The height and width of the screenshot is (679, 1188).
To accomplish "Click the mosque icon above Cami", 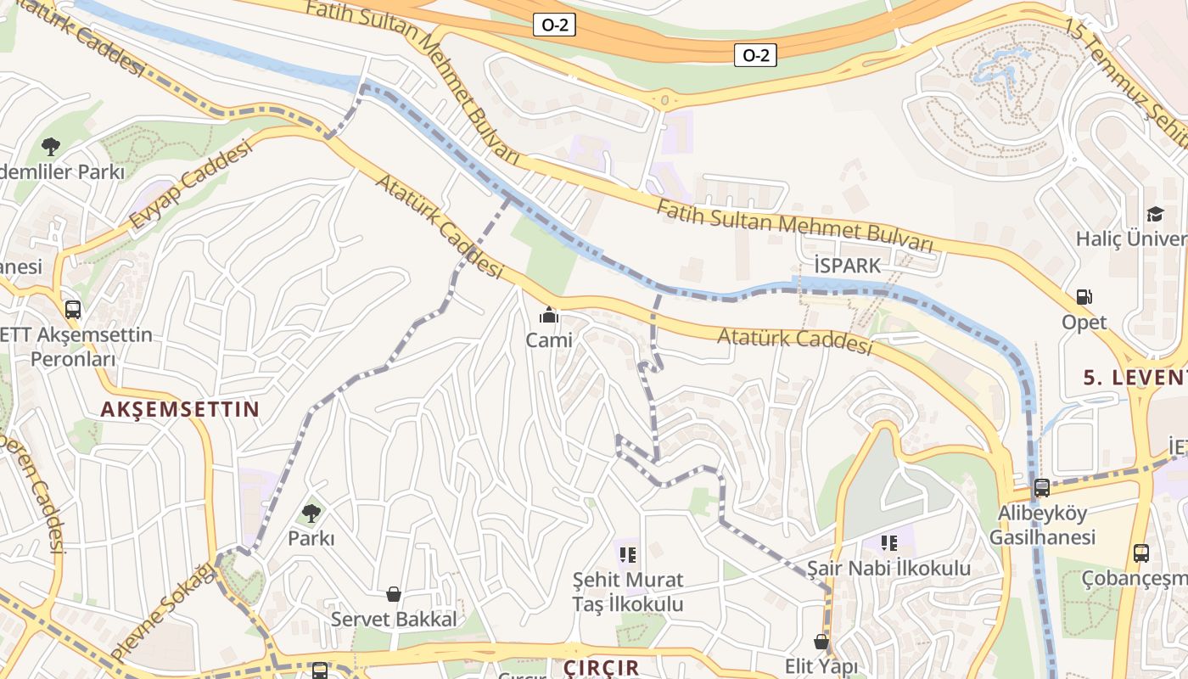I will [x=549, y=316].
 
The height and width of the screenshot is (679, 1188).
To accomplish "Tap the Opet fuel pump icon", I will [x=1084, y=297].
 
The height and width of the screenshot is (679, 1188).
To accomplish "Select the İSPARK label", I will [x=847, y=266].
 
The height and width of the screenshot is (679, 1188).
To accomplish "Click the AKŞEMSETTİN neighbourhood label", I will [x=180, y=409].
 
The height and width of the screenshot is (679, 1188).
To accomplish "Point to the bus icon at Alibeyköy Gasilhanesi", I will [x=1041, y=488].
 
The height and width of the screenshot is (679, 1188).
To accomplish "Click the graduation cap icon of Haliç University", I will [x=1155, y=214].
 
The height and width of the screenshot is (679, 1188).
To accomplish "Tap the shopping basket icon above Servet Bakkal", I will [x=394, y=594].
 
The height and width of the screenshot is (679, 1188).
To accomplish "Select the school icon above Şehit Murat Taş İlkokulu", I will [x=628, y=555].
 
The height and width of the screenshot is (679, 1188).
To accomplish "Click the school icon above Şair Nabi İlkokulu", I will [x=888, y=542].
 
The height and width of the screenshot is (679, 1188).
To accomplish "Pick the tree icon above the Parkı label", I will [x=311, y=513].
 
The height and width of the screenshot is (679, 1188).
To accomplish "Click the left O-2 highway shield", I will [x=555, y=25].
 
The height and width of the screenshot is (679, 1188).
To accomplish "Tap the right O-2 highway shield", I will [x=755, y=56].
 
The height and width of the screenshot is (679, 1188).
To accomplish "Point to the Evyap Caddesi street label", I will [x=192, y=185].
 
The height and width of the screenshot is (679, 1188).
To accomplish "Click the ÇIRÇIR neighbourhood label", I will [x=602, y=667].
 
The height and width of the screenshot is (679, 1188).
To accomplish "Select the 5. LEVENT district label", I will [x=1135, y=378].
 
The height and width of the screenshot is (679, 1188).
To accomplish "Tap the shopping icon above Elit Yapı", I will [x=821, y=641].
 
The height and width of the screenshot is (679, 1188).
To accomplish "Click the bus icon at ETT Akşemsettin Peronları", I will [x=73, y=309].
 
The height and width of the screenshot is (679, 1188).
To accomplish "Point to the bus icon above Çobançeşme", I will [x=1141, y=553].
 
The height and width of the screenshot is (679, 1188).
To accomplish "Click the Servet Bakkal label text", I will [x=394, y=620].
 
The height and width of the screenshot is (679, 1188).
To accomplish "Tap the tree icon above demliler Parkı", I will [x=51, y=146].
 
